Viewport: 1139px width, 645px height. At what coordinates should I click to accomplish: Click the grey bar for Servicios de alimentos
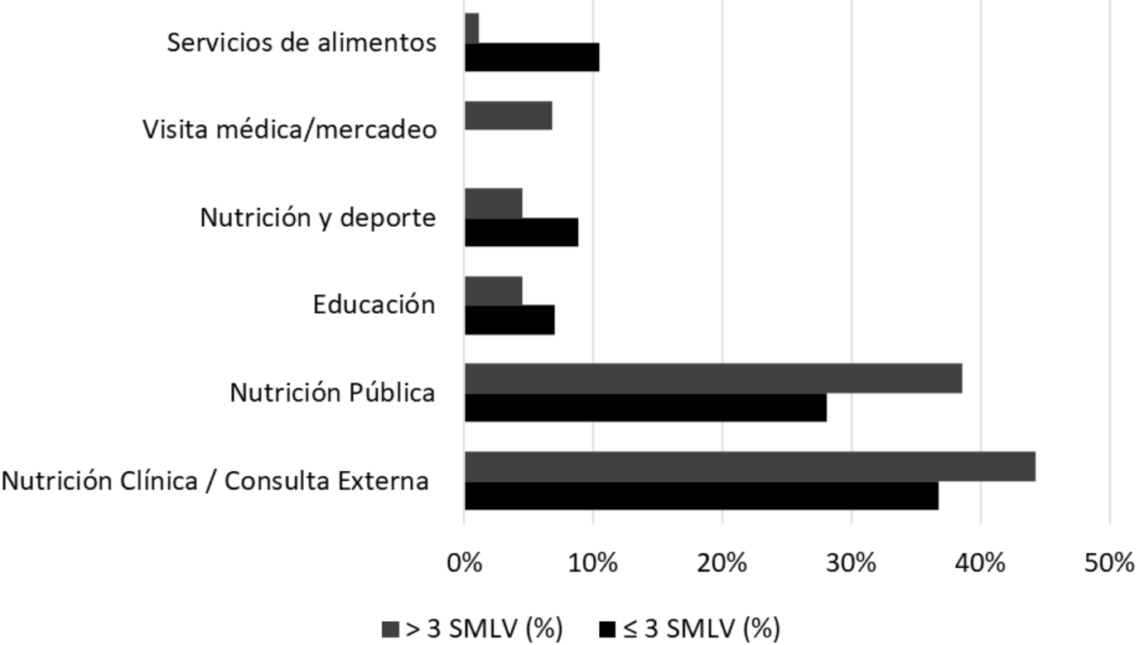click(472, 27)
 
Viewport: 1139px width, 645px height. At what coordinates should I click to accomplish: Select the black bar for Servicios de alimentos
click(532, 57)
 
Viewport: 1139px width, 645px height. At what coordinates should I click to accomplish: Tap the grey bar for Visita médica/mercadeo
click(509, 115)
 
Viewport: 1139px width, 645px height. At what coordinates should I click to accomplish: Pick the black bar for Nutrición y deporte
click(521, 233)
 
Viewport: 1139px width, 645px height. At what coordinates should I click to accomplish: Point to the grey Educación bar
click(494, 291)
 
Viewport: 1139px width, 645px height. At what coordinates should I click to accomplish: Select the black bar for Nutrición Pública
click(645, 407)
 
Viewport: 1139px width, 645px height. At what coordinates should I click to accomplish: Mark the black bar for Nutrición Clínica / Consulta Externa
click(702, 496)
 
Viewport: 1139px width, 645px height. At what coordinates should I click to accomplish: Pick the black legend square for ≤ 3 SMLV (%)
click(606, 629)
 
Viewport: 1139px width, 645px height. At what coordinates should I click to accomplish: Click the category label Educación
click(374, 305)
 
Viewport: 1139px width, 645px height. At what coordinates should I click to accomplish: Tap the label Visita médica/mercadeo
click(289, 130)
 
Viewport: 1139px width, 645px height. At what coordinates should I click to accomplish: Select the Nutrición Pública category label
click(332, 392)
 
